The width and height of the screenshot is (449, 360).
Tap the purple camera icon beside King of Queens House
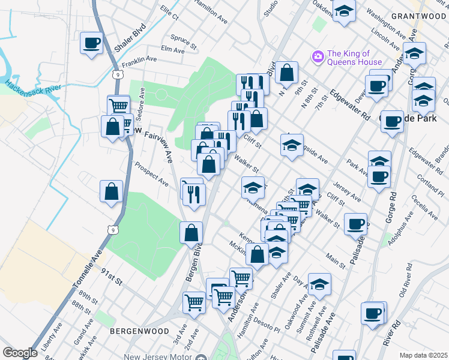pyautogui.click(x=318, y=57)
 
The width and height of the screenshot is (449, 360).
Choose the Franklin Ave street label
pyautogui.click(x=139, y=60)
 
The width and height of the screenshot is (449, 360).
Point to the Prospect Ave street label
pyautogui.click(x=152, y=172)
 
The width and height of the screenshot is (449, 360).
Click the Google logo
pyautogui.click(x=20, y=353)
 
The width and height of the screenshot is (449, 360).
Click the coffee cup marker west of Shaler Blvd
pyautogui.click(x=92, y=44)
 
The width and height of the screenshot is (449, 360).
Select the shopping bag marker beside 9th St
pyautogui.click(x=288, y=73)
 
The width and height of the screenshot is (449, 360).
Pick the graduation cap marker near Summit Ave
pyautogui.click(x=319, y=285)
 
